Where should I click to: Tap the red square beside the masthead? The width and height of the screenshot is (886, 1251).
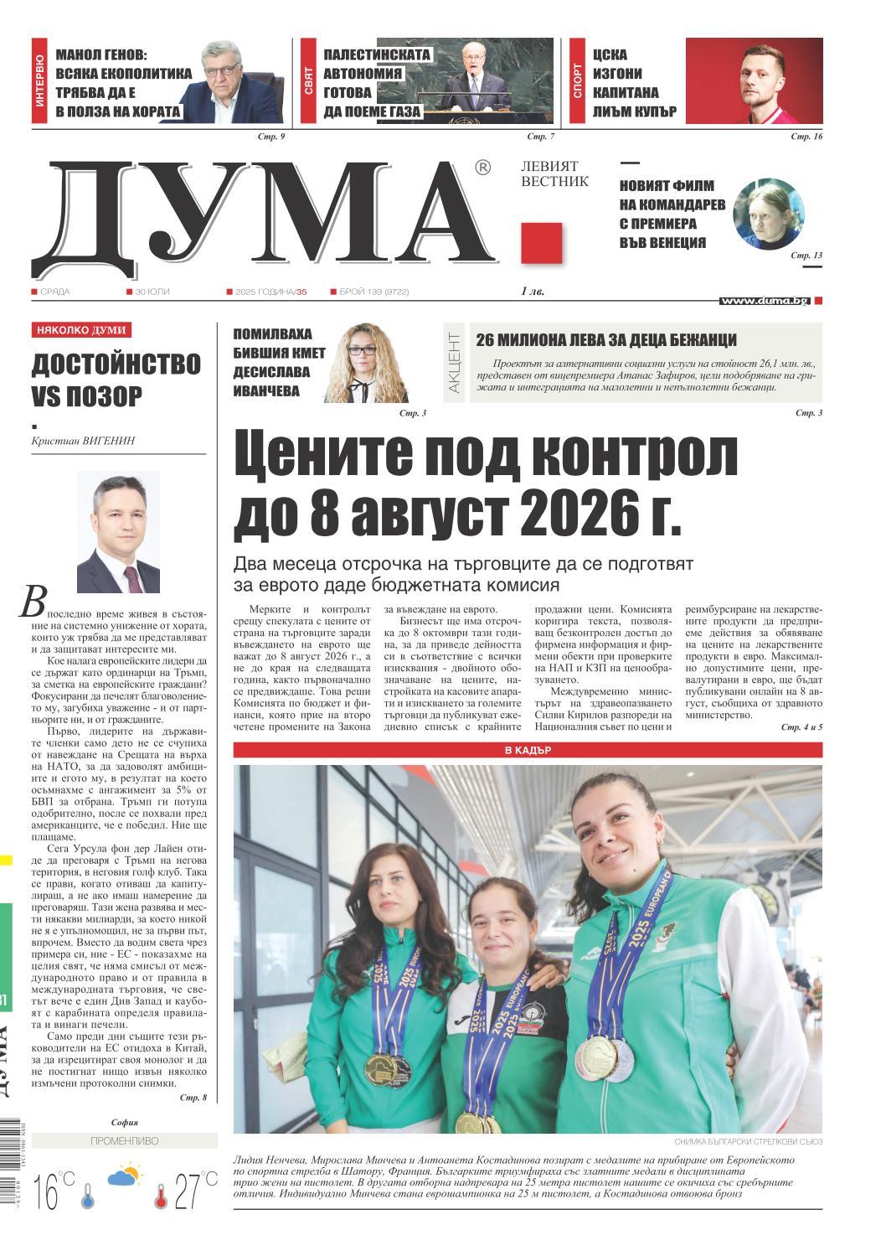point(541,243)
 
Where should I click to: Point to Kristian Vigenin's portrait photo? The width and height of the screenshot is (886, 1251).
point(118,532)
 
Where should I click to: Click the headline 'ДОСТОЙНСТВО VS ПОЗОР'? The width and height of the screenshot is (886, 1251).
point(116,380)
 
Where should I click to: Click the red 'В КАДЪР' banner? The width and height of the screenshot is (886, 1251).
point(527,750)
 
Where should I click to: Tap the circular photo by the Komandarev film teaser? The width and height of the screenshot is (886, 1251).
point(768,213)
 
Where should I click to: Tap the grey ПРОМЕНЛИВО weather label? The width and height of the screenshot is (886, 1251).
point(123,1141)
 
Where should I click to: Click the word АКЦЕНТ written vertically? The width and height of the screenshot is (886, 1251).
point(454,362)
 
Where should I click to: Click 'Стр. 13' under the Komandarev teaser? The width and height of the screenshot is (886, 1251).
point(806,255)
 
